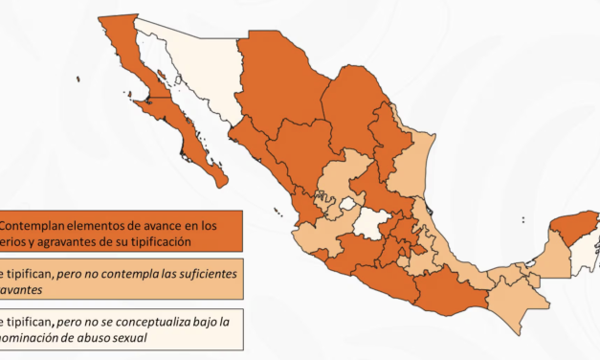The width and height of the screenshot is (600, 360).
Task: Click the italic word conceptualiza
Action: tap(165, 322)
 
